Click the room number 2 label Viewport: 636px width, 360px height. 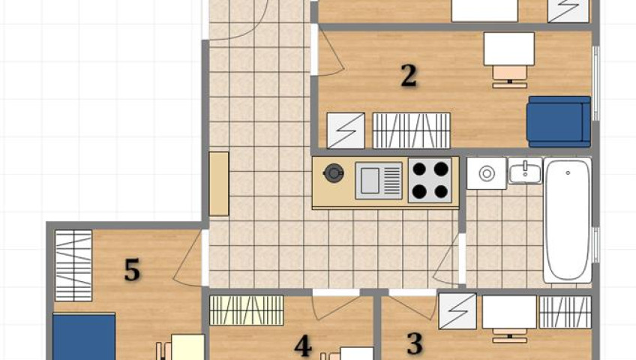(409, 76)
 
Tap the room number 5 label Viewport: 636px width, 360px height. (132, 270)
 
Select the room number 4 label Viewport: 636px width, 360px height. (303, 346)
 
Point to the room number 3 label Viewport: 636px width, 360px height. (415, 343)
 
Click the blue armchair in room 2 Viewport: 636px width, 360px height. (559, 121)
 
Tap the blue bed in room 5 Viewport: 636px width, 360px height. (84, 337)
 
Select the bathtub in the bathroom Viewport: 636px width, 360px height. (568, 220)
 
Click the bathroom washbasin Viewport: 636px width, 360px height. (525, 171)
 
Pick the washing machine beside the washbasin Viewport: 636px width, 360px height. (486, 173)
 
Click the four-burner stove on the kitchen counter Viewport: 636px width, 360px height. (430, 180)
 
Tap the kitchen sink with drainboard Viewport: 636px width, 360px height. (379, 181)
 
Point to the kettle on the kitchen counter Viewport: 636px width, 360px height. (334, 173)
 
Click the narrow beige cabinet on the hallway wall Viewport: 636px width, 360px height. (219, 184)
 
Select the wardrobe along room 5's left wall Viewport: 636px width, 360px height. (73, 265)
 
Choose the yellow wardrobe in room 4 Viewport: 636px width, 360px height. (247, 310)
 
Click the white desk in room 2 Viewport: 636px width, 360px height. (509, 49)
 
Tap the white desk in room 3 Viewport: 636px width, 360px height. (509, 312)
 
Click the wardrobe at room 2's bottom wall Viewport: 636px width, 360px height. (411, 130)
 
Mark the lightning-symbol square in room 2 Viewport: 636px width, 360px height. (346, 130)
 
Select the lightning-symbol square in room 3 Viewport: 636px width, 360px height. (457, 311)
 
